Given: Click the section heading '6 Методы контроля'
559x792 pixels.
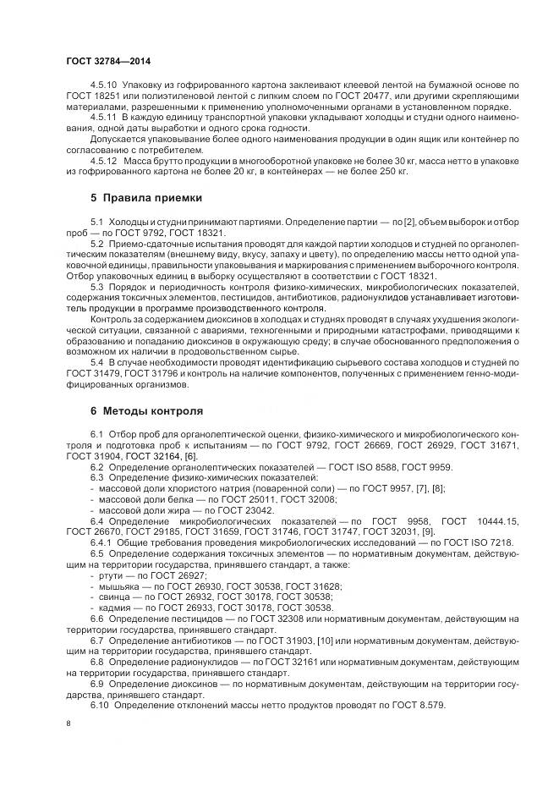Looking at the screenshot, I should pos(146,411).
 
